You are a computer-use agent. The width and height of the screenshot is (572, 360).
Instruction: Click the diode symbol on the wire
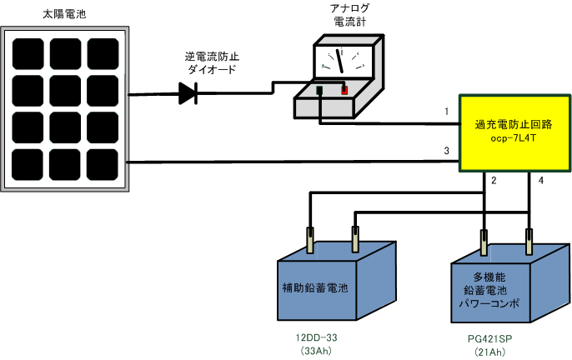(x=188, y=94)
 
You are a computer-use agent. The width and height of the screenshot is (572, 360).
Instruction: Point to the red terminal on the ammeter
(x=344, y=89)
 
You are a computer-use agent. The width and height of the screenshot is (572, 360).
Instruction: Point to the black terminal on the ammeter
(x=319, y=89)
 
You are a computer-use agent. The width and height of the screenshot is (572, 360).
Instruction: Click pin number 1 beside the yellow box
(x=447, y=111)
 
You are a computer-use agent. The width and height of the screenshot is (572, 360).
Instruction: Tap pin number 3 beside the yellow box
(x=447, y=151)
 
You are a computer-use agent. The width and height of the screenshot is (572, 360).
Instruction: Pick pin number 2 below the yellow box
(x=494, y=181)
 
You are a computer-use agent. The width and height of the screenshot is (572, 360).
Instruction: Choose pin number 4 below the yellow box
(x=539, y=181)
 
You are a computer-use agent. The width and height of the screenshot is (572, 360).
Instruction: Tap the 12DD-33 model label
(x=316, y=337)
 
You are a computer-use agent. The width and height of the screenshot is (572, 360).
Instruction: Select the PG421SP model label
(x=490, y=340)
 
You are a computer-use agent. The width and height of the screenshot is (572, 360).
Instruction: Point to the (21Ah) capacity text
(x=490, y=352)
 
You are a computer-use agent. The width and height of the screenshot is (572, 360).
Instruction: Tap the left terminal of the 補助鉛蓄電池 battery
(x=311, y=242)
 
